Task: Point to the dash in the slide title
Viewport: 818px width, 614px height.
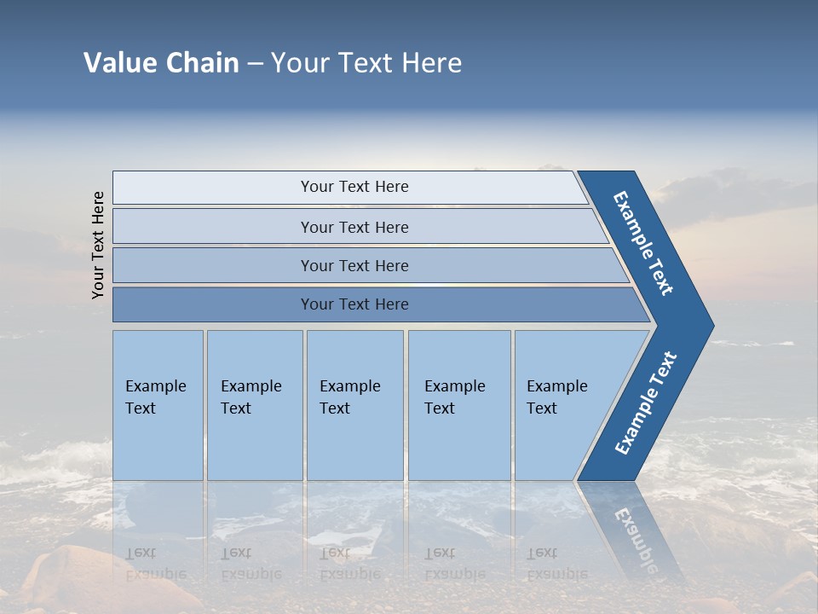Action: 255,64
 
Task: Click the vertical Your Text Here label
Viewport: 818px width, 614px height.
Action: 98,245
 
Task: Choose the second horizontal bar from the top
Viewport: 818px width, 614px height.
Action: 354,227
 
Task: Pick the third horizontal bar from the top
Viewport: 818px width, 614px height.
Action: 354,265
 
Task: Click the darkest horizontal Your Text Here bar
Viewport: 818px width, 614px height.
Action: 354,304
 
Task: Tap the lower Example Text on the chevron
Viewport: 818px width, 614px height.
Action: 646,403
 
